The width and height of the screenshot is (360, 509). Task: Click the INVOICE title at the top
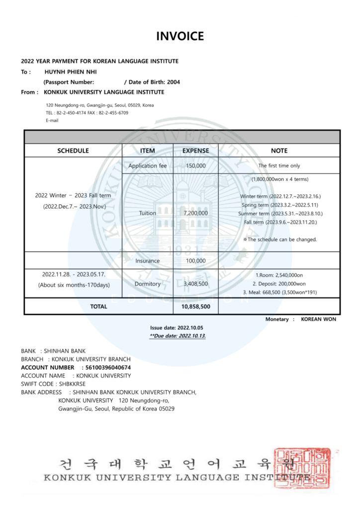(180, 36)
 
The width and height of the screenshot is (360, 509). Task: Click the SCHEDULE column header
(73, 151)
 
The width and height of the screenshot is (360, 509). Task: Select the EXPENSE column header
(195, 151)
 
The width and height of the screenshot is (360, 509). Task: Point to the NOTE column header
(279, 151)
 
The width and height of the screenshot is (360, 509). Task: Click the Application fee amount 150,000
(195, 166)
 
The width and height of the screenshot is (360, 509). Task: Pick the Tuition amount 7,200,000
(195, 213)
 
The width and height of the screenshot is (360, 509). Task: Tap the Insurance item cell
(148, 260)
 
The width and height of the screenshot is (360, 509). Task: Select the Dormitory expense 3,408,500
(195, 284)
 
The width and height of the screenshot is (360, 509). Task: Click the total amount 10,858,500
(195, 307)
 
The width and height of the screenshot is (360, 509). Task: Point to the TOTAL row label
(98, 307)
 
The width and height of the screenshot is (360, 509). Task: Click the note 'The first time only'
(279, 166)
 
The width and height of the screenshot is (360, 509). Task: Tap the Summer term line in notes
(281, 213)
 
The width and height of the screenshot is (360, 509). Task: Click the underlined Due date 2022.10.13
(178, 336)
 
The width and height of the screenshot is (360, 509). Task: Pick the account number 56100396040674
(108, 367)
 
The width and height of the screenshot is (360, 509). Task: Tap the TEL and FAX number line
(87, 113)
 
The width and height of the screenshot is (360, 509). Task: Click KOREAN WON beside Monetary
(318, 319)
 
